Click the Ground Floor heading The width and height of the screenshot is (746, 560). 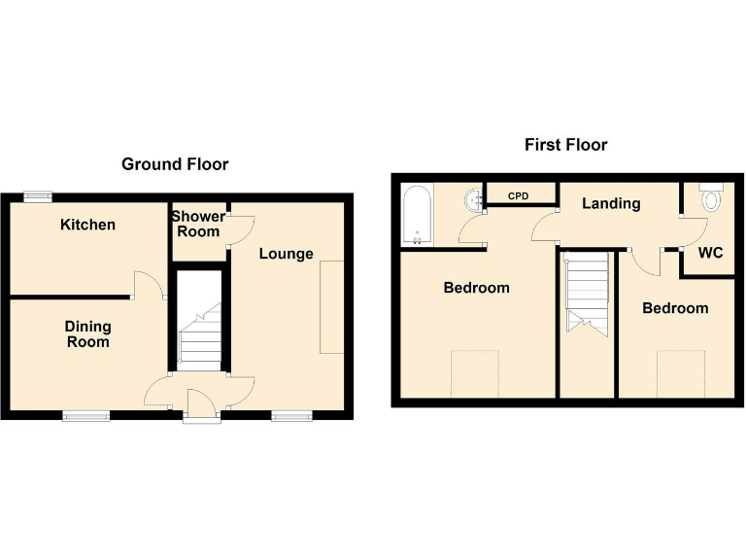pos(175,164)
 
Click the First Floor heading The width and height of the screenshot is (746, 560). pos(565,145)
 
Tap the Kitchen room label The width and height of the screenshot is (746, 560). pos(87,225)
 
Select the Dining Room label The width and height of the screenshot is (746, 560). pos(87,334)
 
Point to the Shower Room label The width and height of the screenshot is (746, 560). pos(198,224)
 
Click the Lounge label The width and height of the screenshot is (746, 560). pos(286,254)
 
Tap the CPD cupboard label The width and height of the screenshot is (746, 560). pos(519,196)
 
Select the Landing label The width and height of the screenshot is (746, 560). pos(611,203)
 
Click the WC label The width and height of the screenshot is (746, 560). pos(711,253)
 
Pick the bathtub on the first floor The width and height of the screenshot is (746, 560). pos(415,215)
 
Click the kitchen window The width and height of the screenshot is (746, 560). pos(39,197)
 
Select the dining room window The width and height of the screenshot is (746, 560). pos(85,416)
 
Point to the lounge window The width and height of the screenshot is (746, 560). pos(287,416)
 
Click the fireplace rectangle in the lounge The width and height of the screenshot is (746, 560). pos(332,307)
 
